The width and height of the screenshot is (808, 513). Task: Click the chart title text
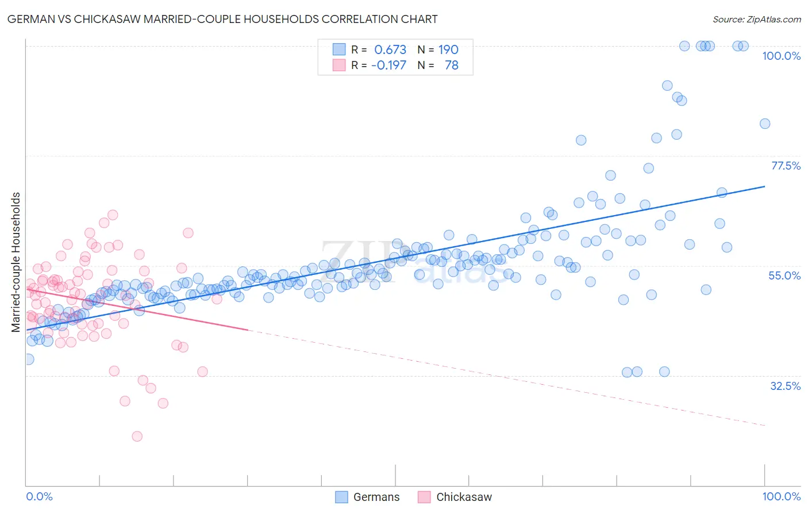(x=223, y=19)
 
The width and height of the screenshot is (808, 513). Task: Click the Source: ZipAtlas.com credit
(x=756, y=19)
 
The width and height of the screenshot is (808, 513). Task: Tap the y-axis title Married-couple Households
(x=16, y=262)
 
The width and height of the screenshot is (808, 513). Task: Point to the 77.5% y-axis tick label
(x=785, y=166)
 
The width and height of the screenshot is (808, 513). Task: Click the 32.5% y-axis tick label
(x=785, y=386)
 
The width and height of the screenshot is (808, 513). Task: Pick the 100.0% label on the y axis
(x=781, y=56)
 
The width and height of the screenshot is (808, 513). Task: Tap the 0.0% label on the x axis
(x=39, y=496)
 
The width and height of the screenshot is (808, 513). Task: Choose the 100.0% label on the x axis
(x=781, y=496)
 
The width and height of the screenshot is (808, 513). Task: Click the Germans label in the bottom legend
(x=376, y=497)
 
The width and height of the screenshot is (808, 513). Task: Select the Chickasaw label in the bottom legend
(x=464, y=497)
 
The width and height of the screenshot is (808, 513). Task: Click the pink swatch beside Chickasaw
(x=424, y=497)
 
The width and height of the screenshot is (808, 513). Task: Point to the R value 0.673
(x=390, y=50)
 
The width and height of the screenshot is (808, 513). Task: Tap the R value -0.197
(x=388, y=66)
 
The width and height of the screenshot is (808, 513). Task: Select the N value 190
(x=448, y=50)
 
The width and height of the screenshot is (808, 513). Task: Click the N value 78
(x=451, y=66)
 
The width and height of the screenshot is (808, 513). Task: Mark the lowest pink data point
(x=137, y=437)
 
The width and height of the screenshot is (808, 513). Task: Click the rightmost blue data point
(x=764, y=124)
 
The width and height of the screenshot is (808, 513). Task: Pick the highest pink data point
(x=113, y=215)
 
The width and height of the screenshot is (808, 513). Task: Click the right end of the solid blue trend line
(x=764, y=186)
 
